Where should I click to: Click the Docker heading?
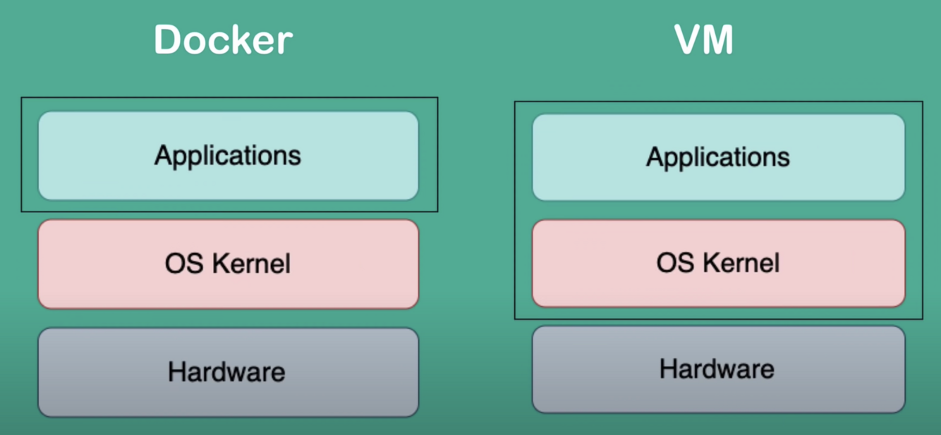point(223,40)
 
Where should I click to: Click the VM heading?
point(704,40)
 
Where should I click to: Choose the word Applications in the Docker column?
point(228,156)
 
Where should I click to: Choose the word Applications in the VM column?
point(718,157)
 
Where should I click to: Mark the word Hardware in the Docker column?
point(226,372)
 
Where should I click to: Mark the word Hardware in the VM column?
point(717,369)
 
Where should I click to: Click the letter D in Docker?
point(168,40)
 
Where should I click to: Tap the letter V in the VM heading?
point(688,40)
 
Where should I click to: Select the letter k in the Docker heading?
point(239,40)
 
